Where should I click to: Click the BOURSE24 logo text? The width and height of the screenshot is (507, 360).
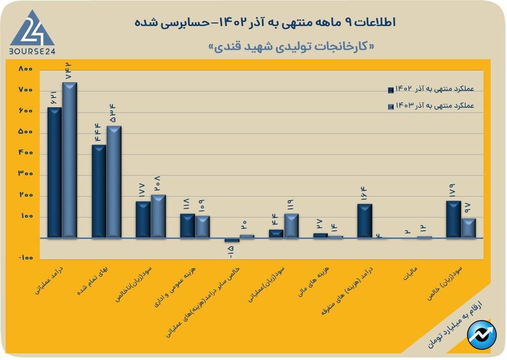pos(32,52)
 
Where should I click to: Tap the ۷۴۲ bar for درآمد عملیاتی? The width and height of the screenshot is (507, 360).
pos(69,160)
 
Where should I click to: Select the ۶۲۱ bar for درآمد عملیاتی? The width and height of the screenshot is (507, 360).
pos(54,173)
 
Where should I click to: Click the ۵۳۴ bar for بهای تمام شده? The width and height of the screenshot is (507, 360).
pos(114,182)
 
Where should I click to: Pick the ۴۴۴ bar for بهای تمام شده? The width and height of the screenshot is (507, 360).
pos(99,191)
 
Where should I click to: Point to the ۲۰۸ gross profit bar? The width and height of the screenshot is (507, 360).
pos(158,217)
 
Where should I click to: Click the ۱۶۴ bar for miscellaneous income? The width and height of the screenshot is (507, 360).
pos(365,221)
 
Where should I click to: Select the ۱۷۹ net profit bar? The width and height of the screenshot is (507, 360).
pos(453,219)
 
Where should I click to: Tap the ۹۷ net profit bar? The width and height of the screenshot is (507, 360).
pos(468,228)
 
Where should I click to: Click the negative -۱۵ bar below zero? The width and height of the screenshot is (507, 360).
pos(232,240)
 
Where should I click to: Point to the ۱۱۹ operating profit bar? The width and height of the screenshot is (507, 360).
pos(291,226)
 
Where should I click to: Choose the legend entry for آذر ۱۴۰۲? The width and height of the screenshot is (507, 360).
pos(431,90)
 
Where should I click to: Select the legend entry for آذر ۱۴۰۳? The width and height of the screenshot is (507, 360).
pos(431,106)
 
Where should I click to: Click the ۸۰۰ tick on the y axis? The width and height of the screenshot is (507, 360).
pos(25,69)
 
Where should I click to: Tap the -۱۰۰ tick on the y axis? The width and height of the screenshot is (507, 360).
pos(25,258)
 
